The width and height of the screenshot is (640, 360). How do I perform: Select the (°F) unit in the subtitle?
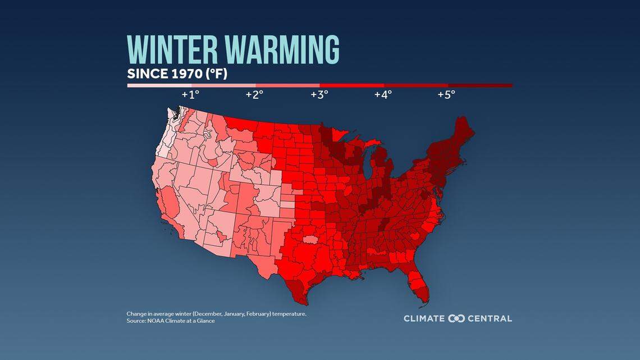tap(217, 74)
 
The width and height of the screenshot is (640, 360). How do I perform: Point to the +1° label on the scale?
tap(190, 94)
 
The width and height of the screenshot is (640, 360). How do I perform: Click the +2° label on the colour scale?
tap(254, 94)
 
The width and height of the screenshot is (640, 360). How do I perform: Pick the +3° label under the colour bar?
tap(319, 94)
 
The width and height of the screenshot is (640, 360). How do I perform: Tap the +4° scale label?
tap(383, 94)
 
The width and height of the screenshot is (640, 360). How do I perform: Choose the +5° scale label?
tap(446, 94)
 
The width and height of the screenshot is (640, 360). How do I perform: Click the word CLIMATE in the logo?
tap(424, 318)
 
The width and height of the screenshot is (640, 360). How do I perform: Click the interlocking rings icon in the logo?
tap(456, 318)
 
